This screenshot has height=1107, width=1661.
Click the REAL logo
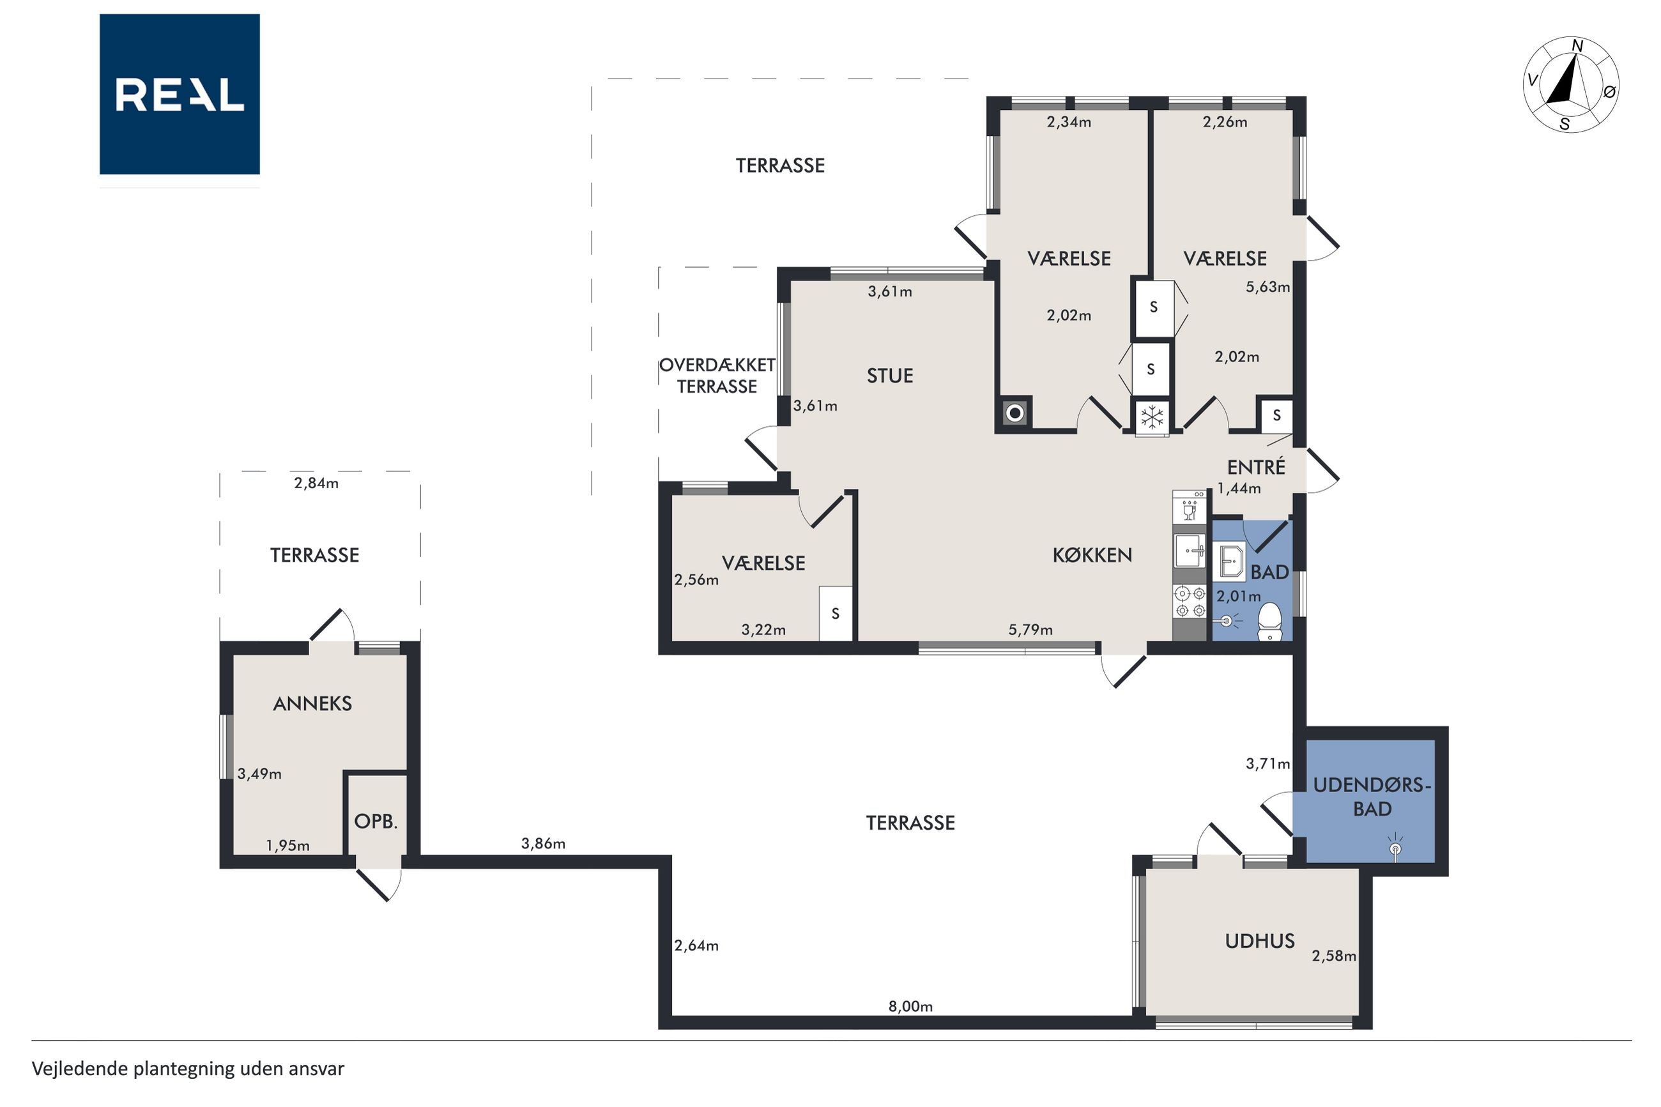[180, 94]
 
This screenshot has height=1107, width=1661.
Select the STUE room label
[889, 376]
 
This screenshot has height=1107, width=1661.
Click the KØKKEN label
[1092, 555]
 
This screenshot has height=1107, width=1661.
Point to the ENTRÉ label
[1256, 467]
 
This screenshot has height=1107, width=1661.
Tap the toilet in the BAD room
[1269, 622]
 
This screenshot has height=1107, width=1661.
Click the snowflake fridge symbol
[1152, 417]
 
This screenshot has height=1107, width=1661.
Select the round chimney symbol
[1015, 413]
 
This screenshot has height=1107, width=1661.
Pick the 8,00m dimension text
[910, 1006]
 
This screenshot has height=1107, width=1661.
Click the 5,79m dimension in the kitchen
[1030, 630]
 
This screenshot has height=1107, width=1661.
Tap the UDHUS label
[1259, 940]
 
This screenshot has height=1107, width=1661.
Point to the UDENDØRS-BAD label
[1372, 797]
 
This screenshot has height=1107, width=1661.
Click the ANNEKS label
[312, 703]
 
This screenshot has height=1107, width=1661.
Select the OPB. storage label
[376, 821]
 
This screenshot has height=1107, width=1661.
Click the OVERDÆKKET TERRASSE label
[717, 376]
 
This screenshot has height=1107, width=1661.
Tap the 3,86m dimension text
[543, 843]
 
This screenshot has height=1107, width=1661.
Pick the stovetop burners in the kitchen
[1190, 602]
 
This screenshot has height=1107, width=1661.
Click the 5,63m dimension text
[1267, 287]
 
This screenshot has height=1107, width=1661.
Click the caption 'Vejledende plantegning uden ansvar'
[188, 1068]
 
